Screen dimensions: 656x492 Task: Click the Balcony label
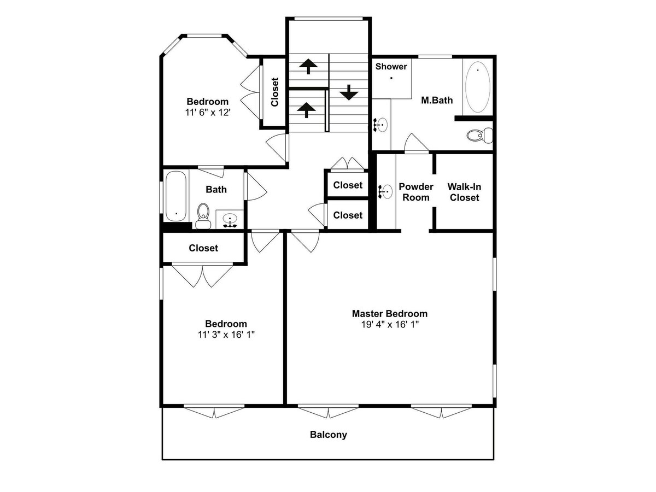328,435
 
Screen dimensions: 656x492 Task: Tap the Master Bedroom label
389,314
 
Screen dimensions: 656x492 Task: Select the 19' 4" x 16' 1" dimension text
390,324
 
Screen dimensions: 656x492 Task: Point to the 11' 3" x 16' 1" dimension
226,335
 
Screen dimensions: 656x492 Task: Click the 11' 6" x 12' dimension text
208,112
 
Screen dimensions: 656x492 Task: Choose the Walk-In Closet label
464,192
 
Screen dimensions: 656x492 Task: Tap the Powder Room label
415,192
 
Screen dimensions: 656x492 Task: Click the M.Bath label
437,100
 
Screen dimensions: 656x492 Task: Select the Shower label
391,66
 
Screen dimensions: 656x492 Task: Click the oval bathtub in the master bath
478,87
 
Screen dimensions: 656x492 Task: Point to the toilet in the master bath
479,136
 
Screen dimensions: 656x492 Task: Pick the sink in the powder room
385,191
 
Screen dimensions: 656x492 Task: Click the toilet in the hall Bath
203,216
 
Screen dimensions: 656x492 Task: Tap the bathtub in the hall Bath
176,196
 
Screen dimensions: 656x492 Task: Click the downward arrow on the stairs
349,92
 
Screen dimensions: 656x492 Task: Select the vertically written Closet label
274,92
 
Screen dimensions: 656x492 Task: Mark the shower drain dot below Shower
391,78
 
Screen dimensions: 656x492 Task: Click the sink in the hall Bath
230,220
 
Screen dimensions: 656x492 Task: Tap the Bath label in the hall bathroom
216,189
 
